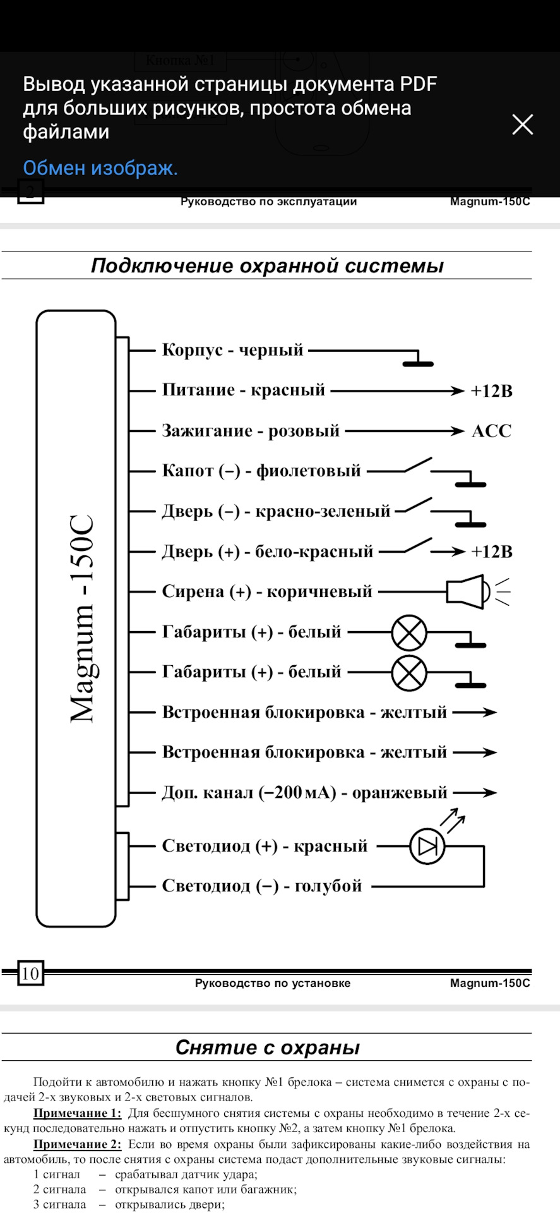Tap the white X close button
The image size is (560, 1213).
(x=523, y=124)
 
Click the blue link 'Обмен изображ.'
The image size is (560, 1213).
(x=100, y=168)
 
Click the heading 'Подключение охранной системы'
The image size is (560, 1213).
(x=267, y=265)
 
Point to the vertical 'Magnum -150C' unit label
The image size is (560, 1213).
(x=83, y=619)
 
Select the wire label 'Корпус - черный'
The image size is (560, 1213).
(x=232, y=350)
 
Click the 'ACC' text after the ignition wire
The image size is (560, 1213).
(x=491, y=431)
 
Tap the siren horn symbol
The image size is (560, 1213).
(x=466, y=592)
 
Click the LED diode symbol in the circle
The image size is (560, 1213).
(x=427, y=847)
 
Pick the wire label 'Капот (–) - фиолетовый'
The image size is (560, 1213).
(x=261, y=471)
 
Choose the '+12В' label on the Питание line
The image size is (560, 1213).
(x=491, y=391)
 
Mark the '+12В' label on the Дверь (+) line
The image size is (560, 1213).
(x=491, y=552)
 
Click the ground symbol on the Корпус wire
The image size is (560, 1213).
(x=418, y=362)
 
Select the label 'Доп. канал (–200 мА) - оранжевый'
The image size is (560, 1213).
(x=304, y=793)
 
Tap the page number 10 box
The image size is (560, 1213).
(x=30, y=974)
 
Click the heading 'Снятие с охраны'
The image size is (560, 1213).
(x=267, y=1047)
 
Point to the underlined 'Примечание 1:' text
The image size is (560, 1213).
(x=77, y=1113)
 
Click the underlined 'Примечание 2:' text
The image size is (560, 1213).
(x=77, y=1144)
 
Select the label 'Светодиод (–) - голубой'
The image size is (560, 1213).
(x=261, y=886)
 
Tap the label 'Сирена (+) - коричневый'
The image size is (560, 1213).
(x=267, y=592)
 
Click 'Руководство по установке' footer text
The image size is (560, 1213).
(x=272, y=983)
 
